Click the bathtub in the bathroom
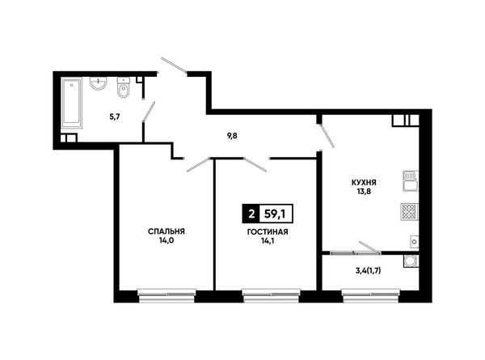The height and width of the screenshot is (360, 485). tap(72, 103)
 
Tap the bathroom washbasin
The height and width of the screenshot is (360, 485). tap(99, 83)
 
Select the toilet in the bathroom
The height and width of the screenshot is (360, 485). tap(124, 88)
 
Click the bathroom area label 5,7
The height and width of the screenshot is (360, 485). tap(115, 117)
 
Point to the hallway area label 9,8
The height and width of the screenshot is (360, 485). tap(232, 136)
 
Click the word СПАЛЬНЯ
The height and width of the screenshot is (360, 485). tap(167, 231)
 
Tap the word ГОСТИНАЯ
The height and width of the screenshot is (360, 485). tap(268, 232)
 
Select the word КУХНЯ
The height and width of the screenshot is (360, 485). tap(364, 183)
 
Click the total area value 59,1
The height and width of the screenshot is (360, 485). tap(276, 214)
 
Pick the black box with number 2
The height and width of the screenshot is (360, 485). tap(251, 214)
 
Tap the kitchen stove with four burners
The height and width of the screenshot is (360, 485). tap(410, 212)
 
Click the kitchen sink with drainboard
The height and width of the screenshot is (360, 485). tap(411, 181)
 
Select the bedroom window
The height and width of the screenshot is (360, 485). tap(167, 295)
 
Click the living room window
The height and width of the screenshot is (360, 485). tap(271, 295)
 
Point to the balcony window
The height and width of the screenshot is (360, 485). tap(371, 295)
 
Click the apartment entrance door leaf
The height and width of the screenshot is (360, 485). tap(174, 66)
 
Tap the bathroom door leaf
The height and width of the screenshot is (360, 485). tap(149, 111)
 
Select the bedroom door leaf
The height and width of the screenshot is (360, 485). tap(198, 164)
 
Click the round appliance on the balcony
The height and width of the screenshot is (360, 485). tap(411, 261)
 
